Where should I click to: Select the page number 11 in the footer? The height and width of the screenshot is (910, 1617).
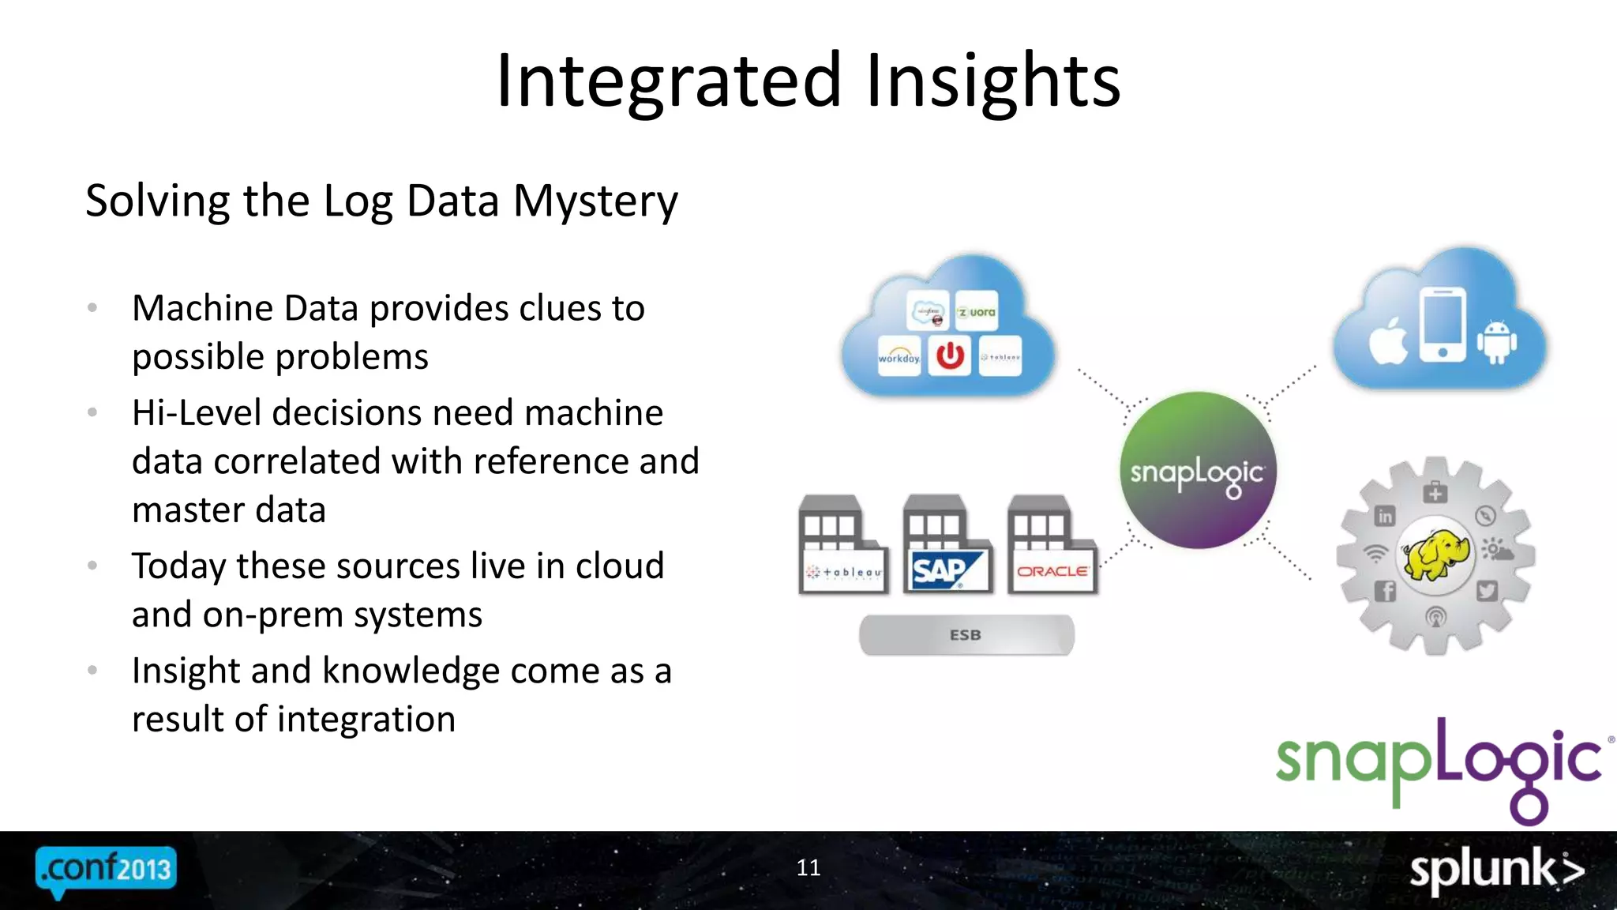(x=808, y=867)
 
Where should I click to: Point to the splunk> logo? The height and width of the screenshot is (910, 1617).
(x=1497, y=871)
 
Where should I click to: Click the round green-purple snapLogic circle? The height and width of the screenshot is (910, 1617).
(x=1197, y=471)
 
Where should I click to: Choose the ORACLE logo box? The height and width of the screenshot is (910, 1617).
(x=1052, y=570)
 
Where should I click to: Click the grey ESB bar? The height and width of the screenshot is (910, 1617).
(x=966, y=635)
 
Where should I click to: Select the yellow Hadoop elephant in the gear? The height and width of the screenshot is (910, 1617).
(x=1435, y=555)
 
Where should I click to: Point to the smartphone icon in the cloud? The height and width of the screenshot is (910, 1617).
(x=1443, y=324)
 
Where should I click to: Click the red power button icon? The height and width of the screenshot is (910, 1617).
(x=950, y=355)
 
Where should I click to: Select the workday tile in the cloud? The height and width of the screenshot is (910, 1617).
(x=899, y=356)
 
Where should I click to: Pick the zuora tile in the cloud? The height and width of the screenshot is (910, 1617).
(x=977, y=312)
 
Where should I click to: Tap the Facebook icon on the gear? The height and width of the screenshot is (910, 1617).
(x=1385, y=591)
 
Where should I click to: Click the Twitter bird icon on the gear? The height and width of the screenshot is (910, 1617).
(x=1487, y=591)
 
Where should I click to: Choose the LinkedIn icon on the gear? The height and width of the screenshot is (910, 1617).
(x=1385, y=517)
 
